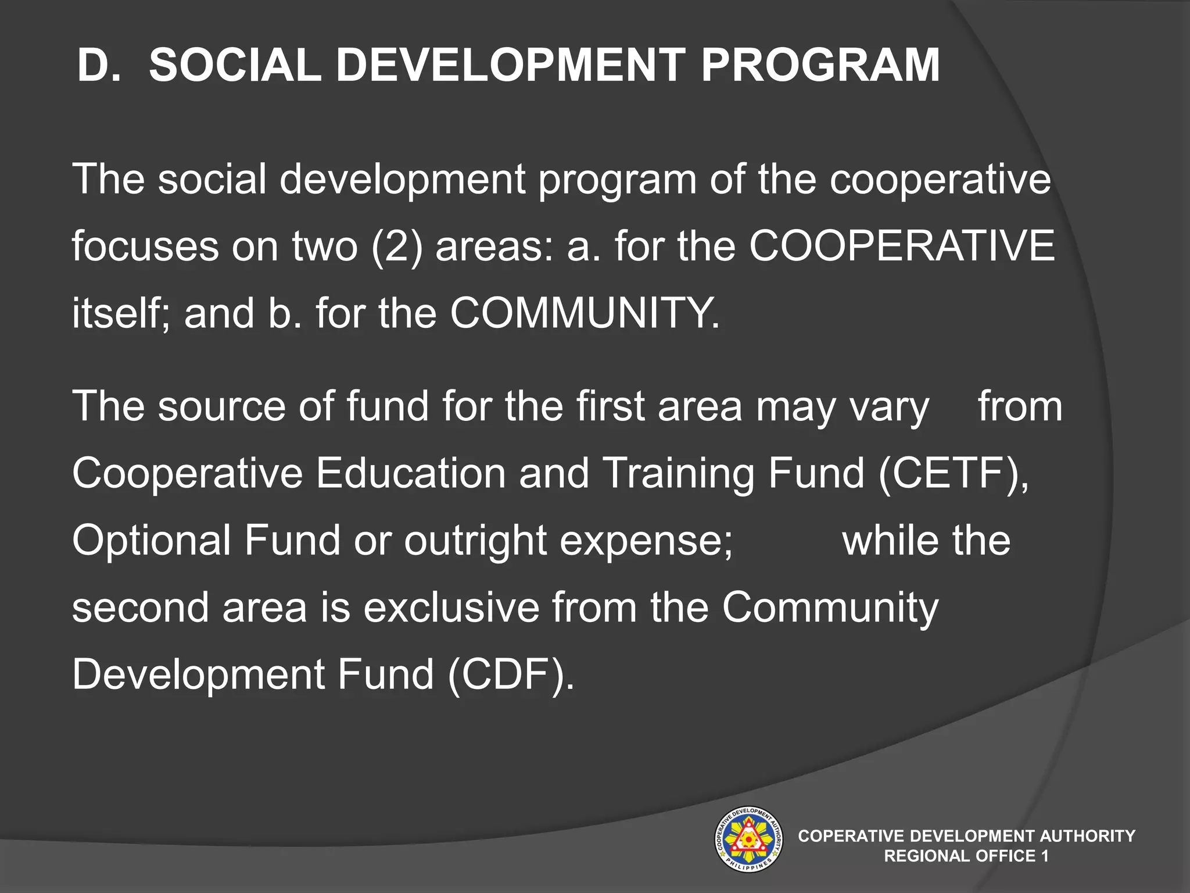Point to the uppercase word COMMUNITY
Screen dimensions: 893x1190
tap(585, 313)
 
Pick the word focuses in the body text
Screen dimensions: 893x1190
tap(145, 246)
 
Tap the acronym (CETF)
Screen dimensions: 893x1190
tap(954, 473)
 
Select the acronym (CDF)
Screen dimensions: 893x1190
tap(511, 674)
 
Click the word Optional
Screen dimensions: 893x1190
tap(152, 540)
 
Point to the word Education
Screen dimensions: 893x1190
tap(411, 473)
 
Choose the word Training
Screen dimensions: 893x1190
tap(679, 473)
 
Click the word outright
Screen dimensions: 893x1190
tap(475, 540)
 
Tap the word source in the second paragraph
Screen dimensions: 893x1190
tap(222, 406)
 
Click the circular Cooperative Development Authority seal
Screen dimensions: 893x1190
tap(748, 840)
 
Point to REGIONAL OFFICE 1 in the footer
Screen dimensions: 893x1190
tap(966, 856)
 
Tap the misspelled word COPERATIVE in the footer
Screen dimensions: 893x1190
tap(851, 836)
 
